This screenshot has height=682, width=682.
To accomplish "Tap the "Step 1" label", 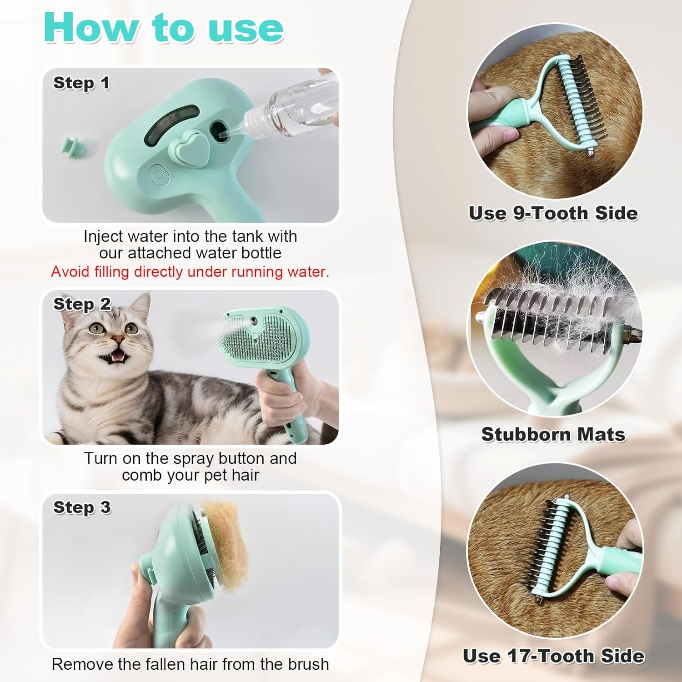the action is click(x=81, y=83).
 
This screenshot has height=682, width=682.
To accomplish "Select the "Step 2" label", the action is click(x=82, y=304).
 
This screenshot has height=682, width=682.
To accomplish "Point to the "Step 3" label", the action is click(x=82, y=507).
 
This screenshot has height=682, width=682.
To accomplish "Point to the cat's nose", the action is click(x=118, y=339).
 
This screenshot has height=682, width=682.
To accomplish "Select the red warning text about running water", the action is click(x=190, y=271).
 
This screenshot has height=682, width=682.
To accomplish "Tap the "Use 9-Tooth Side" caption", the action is click(x=553, y=213).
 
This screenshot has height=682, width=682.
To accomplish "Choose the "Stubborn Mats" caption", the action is click(x=553, y=434).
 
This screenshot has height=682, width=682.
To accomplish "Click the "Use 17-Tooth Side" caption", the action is click(x=553, y=656).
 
